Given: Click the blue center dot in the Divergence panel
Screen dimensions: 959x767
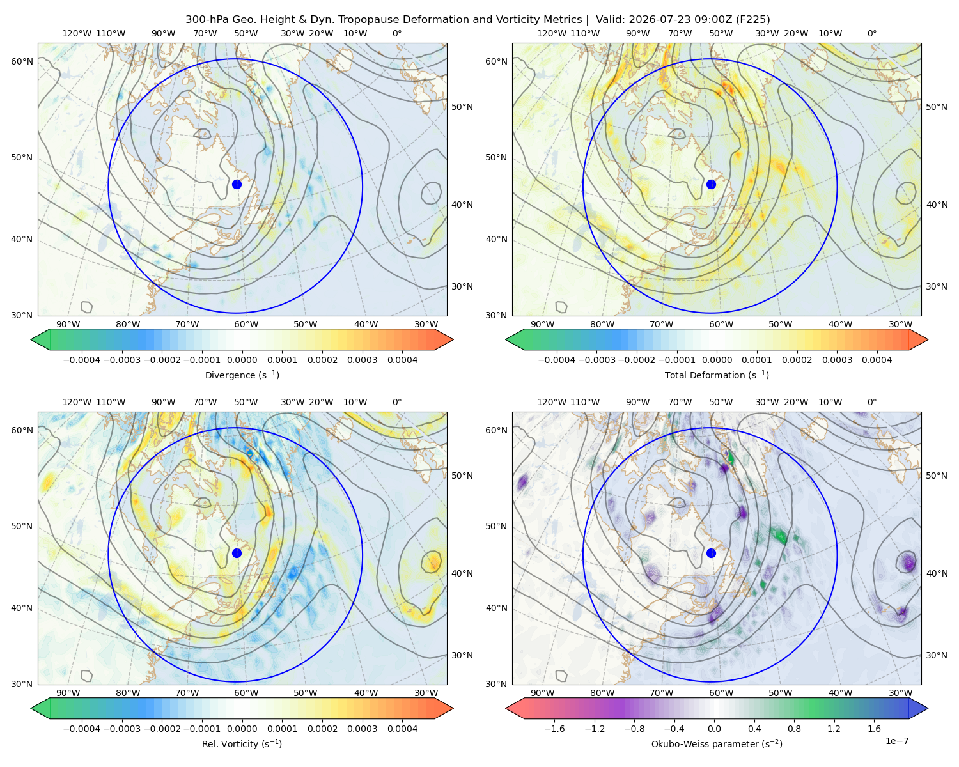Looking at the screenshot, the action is pyautogui.click(x=237, y=184).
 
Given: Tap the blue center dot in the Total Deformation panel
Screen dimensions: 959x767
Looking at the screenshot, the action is pyautogui.click(x=711, y=184).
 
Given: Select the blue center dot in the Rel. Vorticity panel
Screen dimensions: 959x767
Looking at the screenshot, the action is pyautogui.click(x=237, y=553).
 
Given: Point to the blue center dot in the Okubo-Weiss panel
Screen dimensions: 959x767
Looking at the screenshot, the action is pyautogui.click(x=711, y=553).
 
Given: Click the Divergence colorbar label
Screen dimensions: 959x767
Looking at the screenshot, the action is pyautogui.click(x=242, y=375).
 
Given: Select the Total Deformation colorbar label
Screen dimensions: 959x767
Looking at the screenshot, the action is pyautogui.click(x=717, y=375).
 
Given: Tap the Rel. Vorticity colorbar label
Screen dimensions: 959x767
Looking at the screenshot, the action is pyautogui.click(x=242, y=743).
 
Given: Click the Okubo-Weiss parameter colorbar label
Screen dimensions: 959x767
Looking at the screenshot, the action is pyautogui.click(x=717, y=743).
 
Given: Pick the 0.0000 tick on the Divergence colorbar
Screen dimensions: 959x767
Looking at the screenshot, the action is pyautogui.click(x=242, y=360).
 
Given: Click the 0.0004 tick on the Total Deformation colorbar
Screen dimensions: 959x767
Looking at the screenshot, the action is pyautogui.click(x=877, y=360).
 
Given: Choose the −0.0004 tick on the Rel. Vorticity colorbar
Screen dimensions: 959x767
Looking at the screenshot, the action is pyautogui.click(x=82, y=729).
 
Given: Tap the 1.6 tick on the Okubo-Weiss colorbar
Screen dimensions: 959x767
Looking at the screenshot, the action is pyautogui.click(x=874, y=729).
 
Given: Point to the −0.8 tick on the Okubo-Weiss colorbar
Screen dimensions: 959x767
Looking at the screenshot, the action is pyautogui.click(x=634, y=729).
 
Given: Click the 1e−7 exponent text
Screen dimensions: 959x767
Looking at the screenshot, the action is pyautogui.click(x=896, y=741).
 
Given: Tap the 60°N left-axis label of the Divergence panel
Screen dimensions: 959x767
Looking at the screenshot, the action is pyautogui.click(x=22, y=61).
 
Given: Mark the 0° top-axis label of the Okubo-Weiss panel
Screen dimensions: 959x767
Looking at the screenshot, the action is pyautogui.click(x=871, y=402).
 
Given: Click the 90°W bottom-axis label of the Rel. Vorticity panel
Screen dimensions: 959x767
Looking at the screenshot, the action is pyautogui.click(x=68, y=693).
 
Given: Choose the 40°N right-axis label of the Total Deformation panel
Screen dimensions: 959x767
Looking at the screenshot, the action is pyautogui.click(x=937, y=205).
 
